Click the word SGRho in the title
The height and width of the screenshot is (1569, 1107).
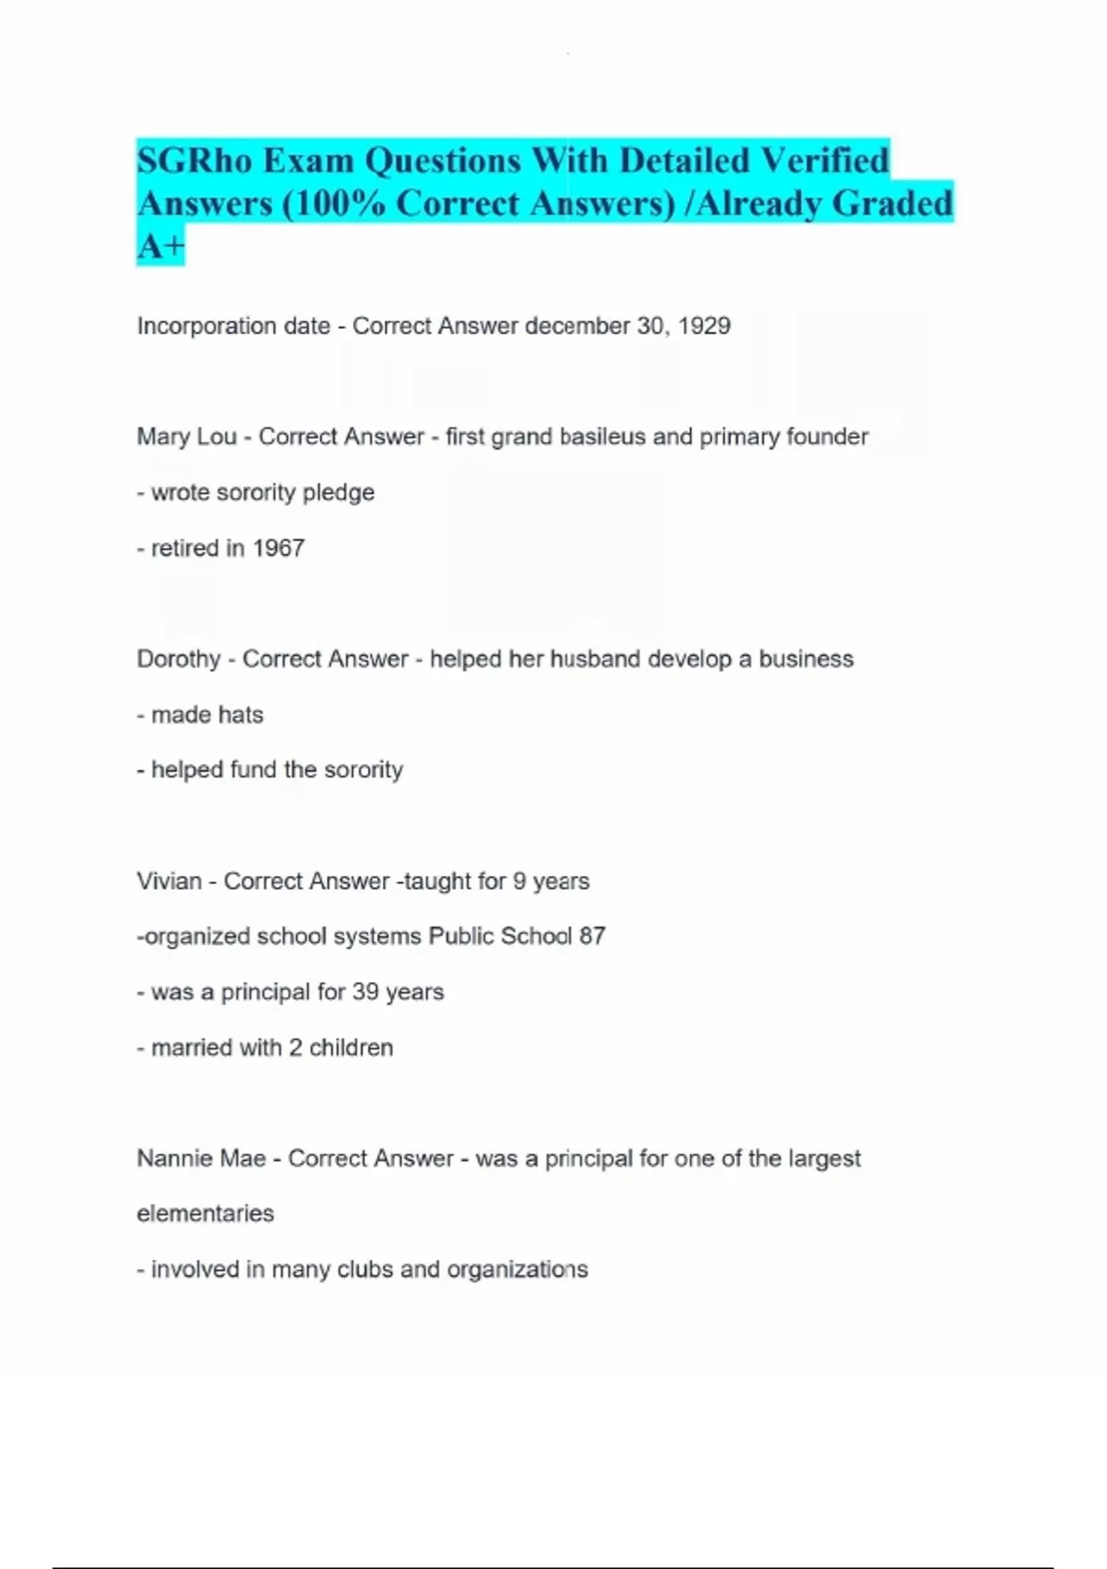195,161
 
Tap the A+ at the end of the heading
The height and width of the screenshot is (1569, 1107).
161,246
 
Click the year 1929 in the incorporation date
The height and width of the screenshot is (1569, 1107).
704,326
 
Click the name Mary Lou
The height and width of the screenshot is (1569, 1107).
186,437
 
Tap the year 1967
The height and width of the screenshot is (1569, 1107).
278,548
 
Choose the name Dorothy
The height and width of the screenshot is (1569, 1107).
178,659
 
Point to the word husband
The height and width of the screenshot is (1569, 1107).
595,659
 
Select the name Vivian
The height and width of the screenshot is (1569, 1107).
169,881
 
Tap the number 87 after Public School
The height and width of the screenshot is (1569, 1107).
592,937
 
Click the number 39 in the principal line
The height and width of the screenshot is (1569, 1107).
365,992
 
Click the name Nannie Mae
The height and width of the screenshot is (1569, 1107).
201,1158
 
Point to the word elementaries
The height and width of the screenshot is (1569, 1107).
205,1214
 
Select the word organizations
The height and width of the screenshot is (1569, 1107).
517,1270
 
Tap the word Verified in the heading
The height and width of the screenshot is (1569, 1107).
824,161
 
